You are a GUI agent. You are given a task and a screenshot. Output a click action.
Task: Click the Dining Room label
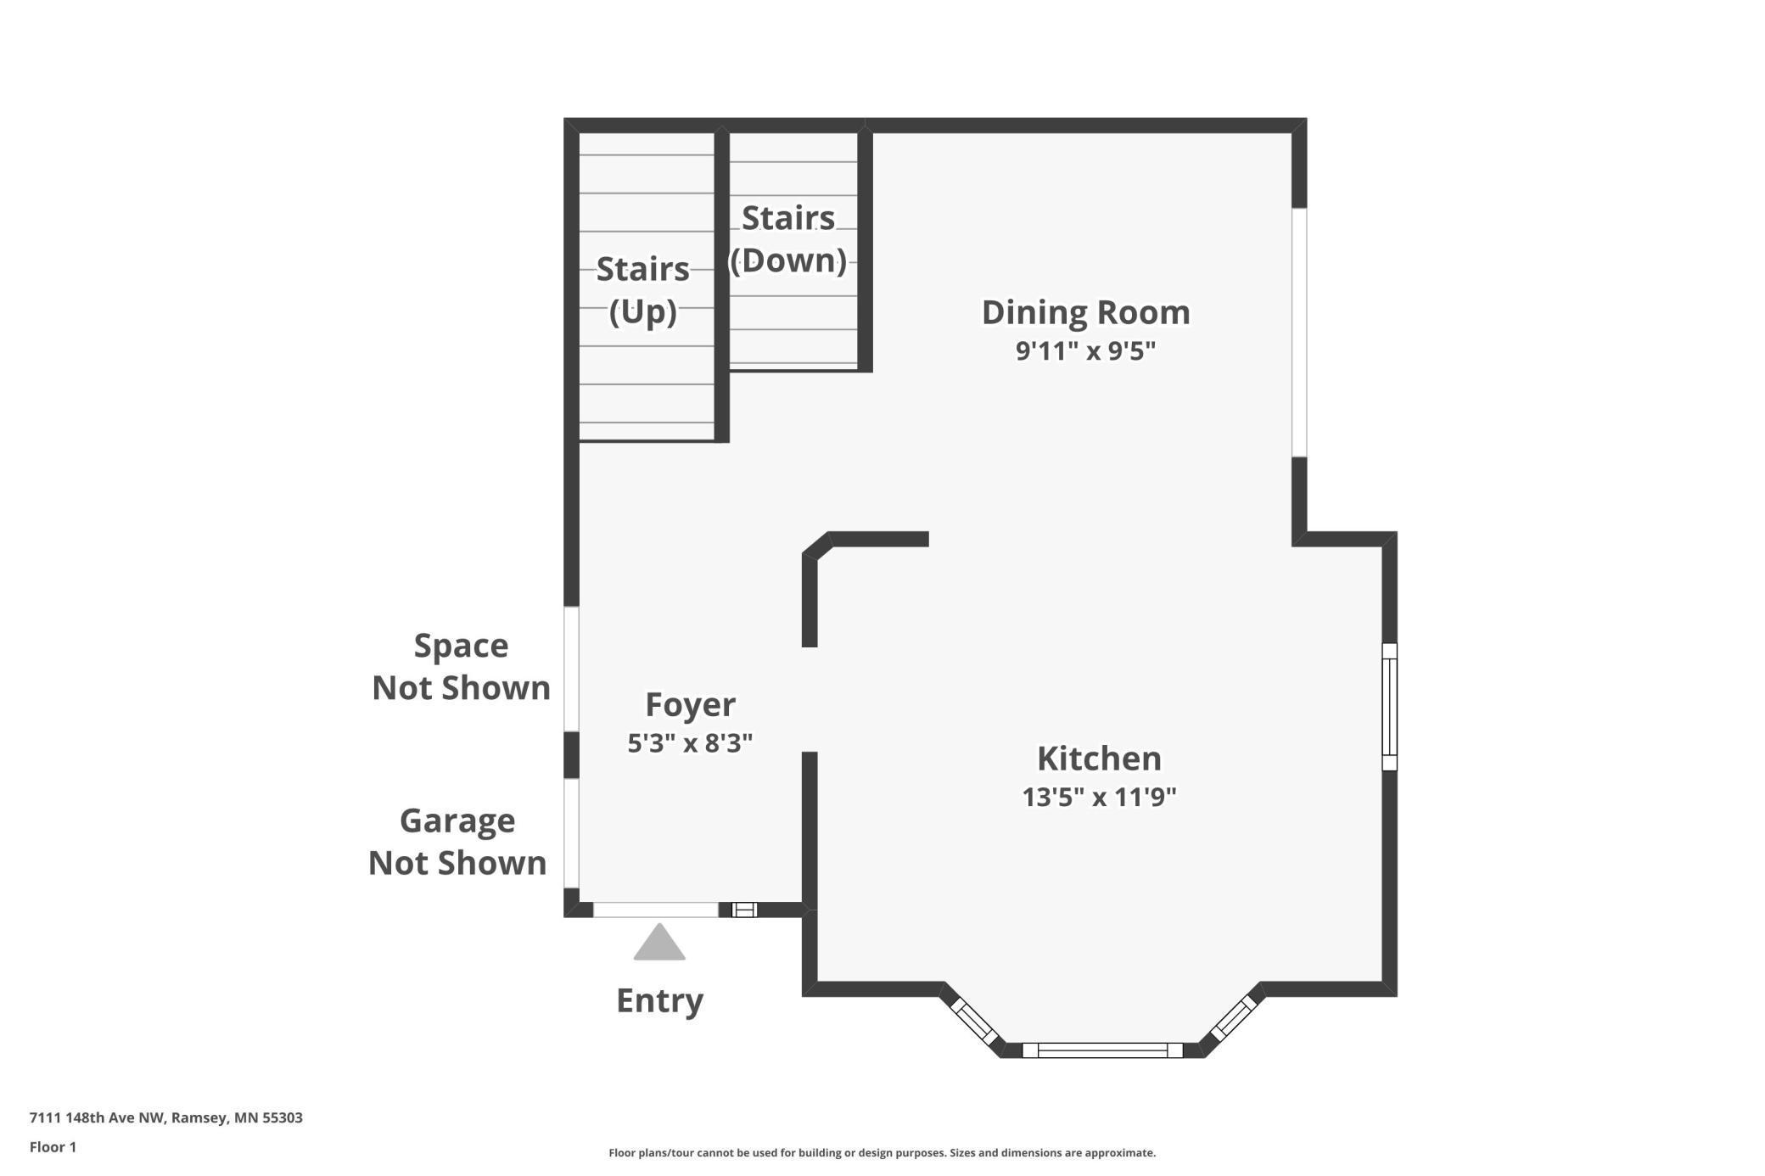[x=1085, y=312]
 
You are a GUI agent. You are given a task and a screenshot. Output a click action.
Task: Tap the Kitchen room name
[x=1099, y=759]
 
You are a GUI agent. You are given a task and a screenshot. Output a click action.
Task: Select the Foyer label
[x=690, y=705]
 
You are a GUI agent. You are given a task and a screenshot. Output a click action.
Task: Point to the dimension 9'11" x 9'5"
[x=1085, y=350]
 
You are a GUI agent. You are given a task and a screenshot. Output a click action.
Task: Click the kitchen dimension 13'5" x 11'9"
[x=1099, y=798]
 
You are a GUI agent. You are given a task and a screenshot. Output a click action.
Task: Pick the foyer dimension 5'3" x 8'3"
[x=690, y=743]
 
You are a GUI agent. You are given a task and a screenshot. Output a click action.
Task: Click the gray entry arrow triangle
[x=659, y=942]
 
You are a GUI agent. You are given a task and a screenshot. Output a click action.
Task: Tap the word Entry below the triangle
[x=659, y=1001]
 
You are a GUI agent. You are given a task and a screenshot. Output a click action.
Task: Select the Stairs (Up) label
[x=642, y=290]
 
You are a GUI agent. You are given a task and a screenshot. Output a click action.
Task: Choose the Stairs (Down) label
[x=788, y=239]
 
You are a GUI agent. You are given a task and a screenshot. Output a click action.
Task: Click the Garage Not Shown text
[x=457, y=842]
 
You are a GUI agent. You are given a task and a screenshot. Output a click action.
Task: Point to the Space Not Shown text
[x=461, y=667]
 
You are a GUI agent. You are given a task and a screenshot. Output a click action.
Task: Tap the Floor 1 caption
[x=53, y=1147]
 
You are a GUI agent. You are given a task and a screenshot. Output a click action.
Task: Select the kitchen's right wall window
[x=1389, y=707]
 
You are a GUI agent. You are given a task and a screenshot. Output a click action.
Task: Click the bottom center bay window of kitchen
[x=1102, y=1050]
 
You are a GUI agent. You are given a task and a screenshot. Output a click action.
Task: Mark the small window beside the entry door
[x=744, y=910]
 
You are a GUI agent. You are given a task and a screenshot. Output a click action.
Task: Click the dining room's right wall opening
[x=1299, y=333]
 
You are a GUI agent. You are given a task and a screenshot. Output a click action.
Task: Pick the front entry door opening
[x=656, y=910]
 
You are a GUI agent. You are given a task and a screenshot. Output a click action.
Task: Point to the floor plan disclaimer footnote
[x=882, y=1152]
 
